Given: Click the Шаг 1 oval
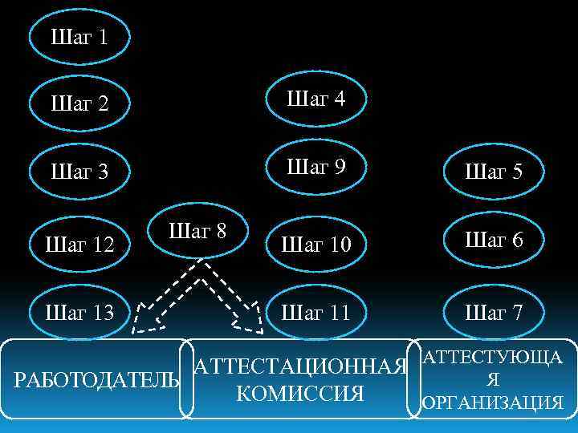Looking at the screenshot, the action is (79, 36).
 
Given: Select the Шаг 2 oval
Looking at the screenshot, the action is (79, 104).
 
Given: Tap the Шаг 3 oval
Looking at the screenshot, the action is (79, 172).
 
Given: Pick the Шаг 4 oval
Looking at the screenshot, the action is (316, 99).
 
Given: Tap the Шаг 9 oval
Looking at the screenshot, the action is (316, 168).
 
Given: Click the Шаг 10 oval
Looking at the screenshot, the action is (316, 242).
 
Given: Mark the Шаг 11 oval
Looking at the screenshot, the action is (316, 311).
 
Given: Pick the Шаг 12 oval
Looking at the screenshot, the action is (79, 242).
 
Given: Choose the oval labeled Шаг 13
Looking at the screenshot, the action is (79, 311).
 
